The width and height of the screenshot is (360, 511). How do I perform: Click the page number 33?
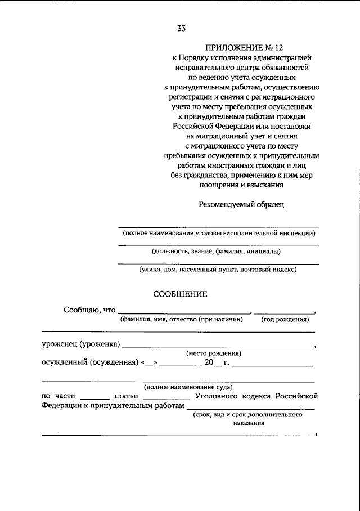point(181,29)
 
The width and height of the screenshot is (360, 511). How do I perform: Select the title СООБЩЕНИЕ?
point(181,293)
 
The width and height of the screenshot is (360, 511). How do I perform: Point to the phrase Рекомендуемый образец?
point(241,204)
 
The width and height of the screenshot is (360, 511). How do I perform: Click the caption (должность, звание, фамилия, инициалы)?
point(216,251)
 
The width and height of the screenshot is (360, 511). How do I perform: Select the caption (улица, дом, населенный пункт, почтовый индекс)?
point(218,270)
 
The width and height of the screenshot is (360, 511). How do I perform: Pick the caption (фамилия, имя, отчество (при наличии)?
point(181,319)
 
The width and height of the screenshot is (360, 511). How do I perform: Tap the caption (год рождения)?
point(285,319)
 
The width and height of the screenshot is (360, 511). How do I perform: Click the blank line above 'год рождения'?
point(284,312)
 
